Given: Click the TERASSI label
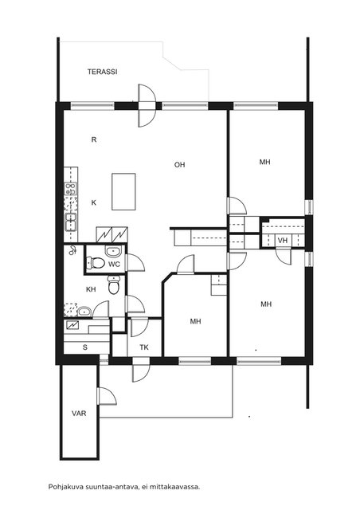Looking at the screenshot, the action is pyautogui.click(x=103, y=72).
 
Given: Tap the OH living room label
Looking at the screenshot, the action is pyautogui.click(x=179, y=165).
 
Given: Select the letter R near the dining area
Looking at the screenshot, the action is pyautogui.click(x=94, y=140).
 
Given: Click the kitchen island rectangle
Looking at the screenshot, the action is pyautogui.click(x=123, y=191).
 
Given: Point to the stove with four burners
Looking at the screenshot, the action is pyautogui.click(x=71, y=189).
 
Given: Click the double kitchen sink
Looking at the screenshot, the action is pyautogui.click(x=71, y=222).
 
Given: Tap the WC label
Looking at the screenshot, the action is pyautogui.click(x=114, y=265).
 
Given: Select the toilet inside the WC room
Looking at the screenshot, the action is pyautogui.click(x=95, y=263).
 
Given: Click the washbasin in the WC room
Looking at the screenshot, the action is pyautogui.click(x=113, y=251).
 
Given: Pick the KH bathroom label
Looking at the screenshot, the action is pyautogui.click(x=91, y=289).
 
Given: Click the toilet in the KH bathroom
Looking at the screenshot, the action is pyautogui.click(x=114, y=284).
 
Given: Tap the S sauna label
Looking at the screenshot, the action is pyautogui.click(x=85, y=347).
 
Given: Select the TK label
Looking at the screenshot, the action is pyautogui.click(x=144, y=347).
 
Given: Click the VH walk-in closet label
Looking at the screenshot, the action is pyautogui.click(x=283, y=241).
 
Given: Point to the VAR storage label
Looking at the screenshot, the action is pyautogui.click(x=79, y=414).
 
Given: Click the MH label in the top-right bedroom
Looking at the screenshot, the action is pyautogui.click(x=265, y=162).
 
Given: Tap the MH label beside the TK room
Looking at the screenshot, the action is pyautogui.click(x=195, y=321).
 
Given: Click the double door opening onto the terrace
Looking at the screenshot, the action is pyautogui.click(x=147, y=106).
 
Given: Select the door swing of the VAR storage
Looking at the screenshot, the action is pyautogui.click(x=107, y=396).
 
